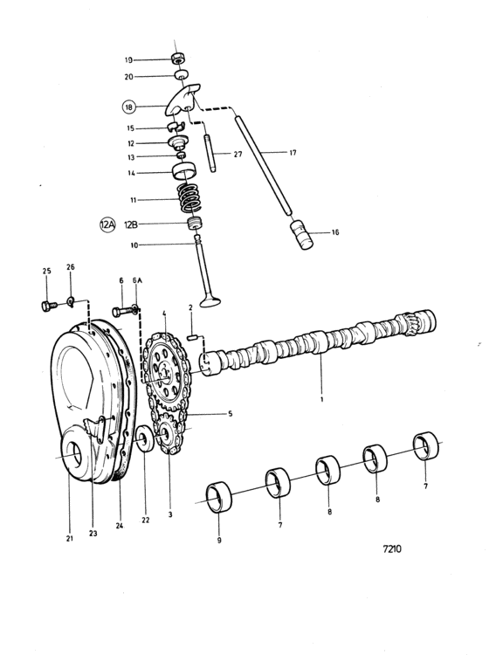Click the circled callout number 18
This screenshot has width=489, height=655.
pyautogui.click(x=129, y=107)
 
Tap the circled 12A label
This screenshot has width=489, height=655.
pyautogui.click(x=107, y=224)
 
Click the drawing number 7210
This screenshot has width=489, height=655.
pyautogui.click(x=392, y=549)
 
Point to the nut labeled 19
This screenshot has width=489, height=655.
pyautogui.click(x=179, y=58)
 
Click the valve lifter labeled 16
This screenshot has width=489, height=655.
pyautogui.click(x=301, y=234)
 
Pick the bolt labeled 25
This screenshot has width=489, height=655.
pyautogui.click(x=48, y=307)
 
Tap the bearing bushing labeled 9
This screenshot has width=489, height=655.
pyautogui.click(x=219, y=497)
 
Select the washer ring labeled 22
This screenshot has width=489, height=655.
pyautogui.click(x=145, y=438)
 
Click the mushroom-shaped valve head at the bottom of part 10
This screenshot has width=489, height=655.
pyautogui.click(x=210, y=301)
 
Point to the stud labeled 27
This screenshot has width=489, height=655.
pyautogui.click(x=210, y=154)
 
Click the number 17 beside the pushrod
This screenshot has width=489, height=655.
pyautogui.click(x=293, y=153)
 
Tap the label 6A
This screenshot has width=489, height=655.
pyautogui.click(x=137, y=280)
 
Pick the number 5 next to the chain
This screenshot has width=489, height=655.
pyautogui.click(x=231, y=414)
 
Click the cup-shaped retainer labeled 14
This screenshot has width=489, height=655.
pyautogui.click(x=184, y=170)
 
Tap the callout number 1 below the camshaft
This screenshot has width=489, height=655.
pyautogui.click(x=322, y=399)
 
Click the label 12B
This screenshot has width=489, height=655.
pyautogui.click(x=131, y=224)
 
